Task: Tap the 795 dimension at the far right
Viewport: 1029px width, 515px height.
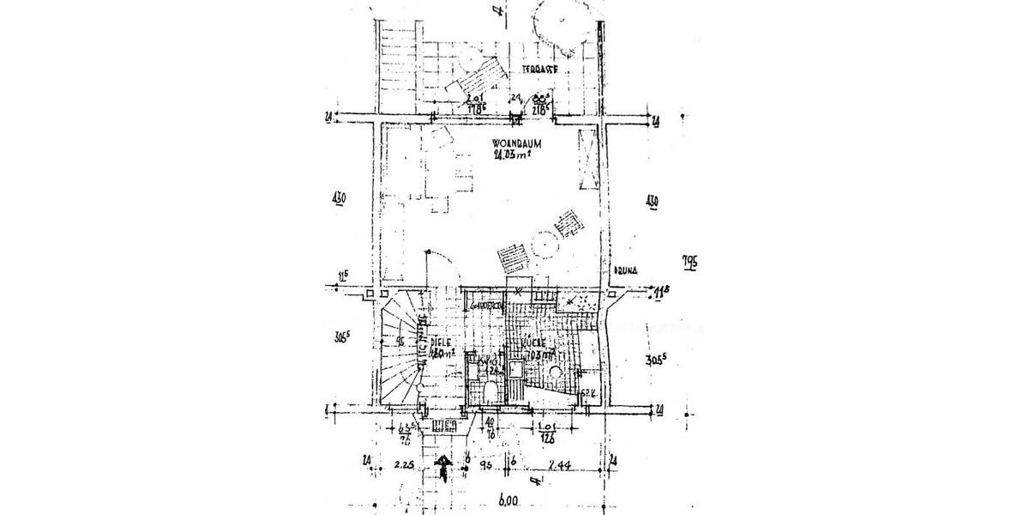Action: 689,260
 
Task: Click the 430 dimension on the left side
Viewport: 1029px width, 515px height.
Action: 338,200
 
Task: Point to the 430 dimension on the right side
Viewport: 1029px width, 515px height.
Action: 651,201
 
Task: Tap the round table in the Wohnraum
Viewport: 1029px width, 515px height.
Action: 542,246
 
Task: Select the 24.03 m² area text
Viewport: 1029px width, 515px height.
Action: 514,155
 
